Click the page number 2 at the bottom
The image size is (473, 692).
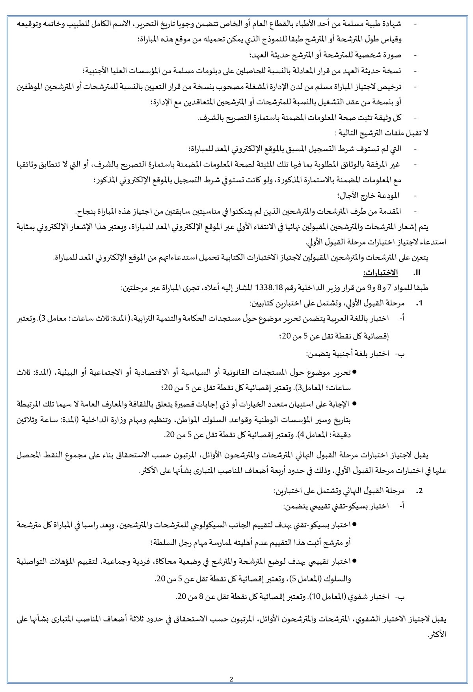click(231, 679)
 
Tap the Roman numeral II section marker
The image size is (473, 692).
click(415, 273)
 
